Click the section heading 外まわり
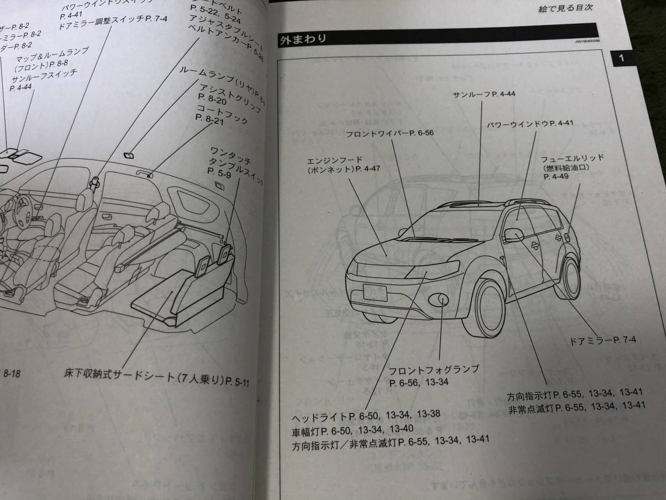(302, 39)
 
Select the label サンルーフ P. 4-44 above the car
(484, 94)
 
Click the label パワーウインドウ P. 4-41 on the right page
(530, 123)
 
